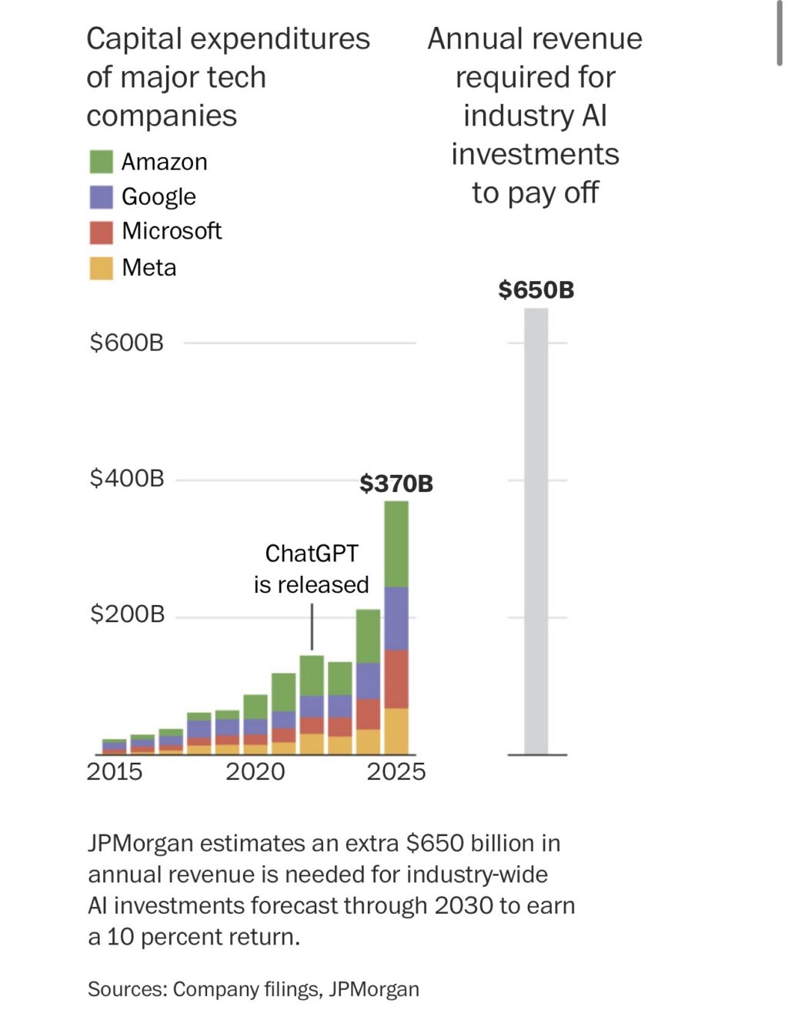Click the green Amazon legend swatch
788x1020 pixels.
101,162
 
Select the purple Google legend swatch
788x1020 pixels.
101,197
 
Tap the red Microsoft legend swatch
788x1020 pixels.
101,232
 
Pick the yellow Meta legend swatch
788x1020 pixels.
101,268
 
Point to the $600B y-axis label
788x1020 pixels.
127,343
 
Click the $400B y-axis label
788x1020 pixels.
127,479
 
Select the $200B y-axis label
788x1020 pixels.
127,614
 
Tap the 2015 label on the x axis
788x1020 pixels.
115,771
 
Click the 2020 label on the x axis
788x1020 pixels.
255,771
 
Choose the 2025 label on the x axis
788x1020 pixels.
396,771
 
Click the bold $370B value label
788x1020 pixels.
396,483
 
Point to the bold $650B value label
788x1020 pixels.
536,290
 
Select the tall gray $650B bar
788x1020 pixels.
536,531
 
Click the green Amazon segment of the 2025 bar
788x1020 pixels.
396,543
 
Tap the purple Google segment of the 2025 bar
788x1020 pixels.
396,618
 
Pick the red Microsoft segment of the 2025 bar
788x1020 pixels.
396,679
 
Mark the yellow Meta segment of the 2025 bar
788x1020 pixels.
396,731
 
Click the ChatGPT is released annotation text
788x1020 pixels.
312,569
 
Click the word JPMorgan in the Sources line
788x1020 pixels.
374,989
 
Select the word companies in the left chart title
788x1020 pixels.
162,116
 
